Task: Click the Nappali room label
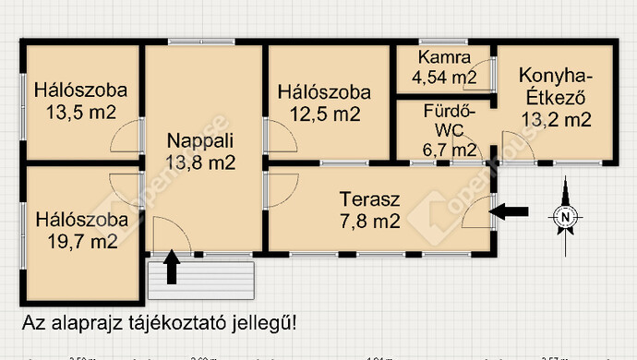[x=200, y=141]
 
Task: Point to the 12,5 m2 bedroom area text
[x=322, y=114]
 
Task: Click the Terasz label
[x=369, y=199]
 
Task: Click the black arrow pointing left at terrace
[x=511, y=212]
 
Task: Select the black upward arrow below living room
[x=172, y=268]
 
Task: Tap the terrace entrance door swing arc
[x=476, y=214]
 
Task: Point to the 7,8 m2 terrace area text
[x=369, y=222]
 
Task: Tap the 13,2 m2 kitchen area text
[x=556, y=118]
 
